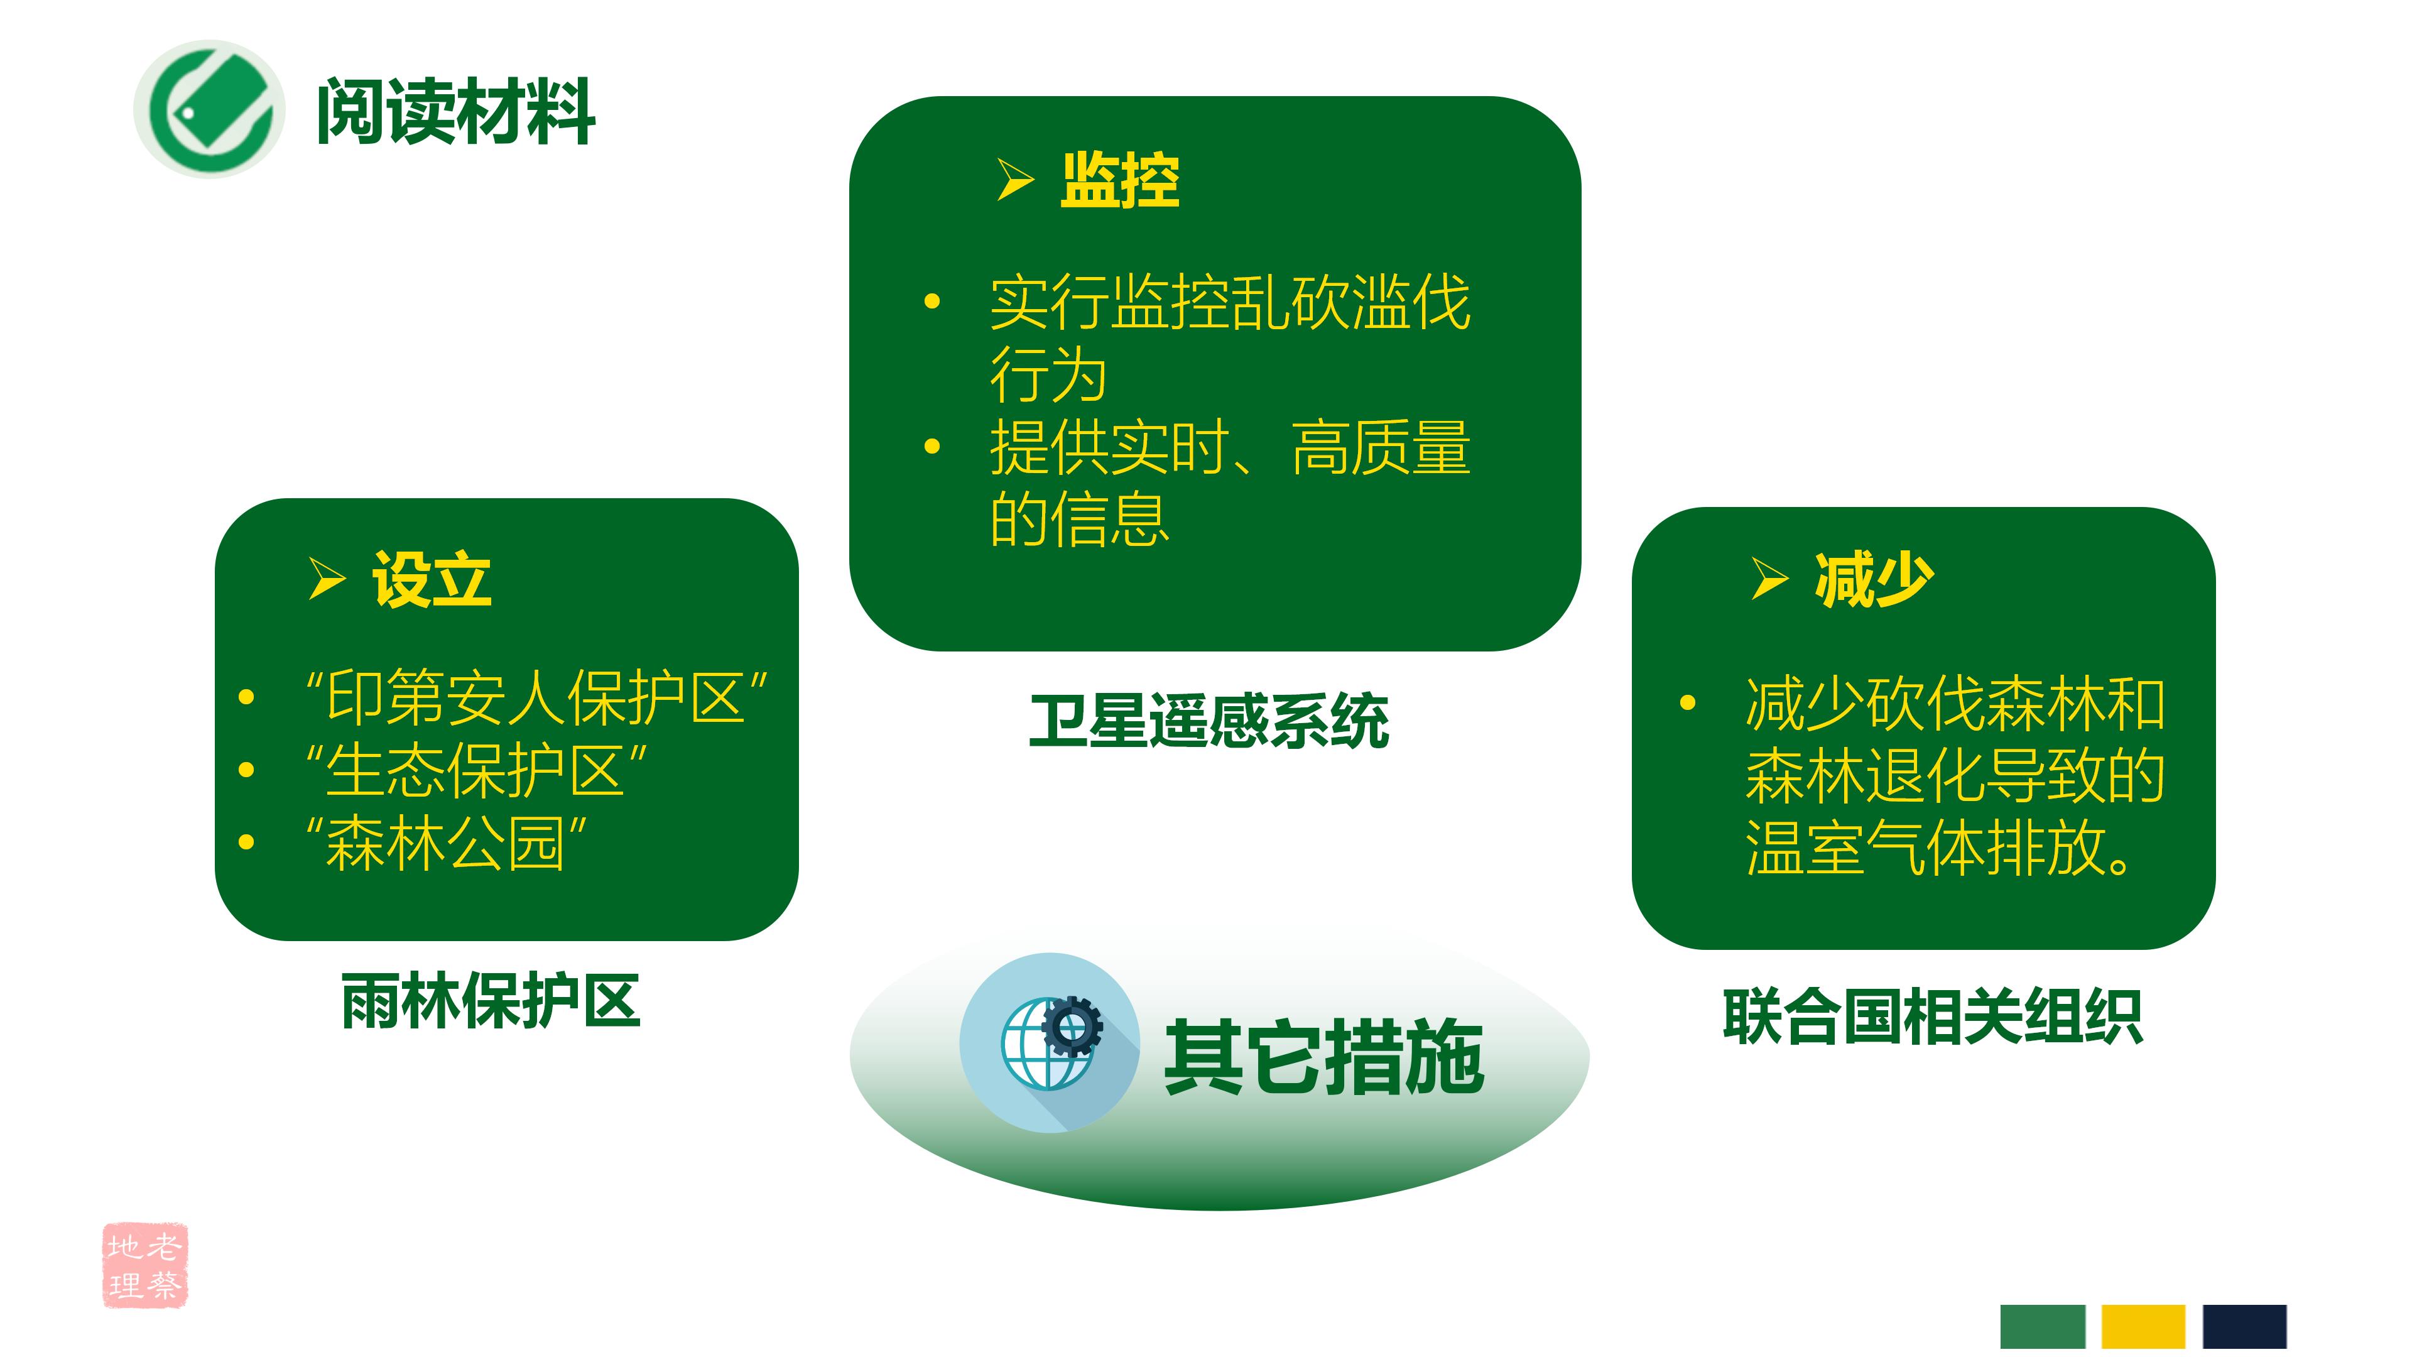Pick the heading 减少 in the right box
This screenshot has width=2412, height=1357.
1874,580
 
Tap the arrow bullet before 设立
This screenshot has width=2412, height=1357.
327,578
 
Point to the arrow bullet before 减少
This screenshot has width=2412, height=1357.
1769,578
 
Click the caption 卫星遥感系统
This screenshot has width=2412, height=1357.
1209,722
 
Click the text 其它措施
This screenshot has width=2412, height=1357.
1323,1056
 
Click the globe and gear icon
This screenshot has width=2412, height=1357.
1050,1042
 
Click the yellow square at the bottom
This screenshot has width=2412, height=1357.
2143,1326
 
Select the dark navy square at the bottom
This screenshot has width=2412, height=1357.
2244,1326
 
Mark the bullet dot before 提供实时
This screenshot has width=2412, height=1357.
932,447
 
